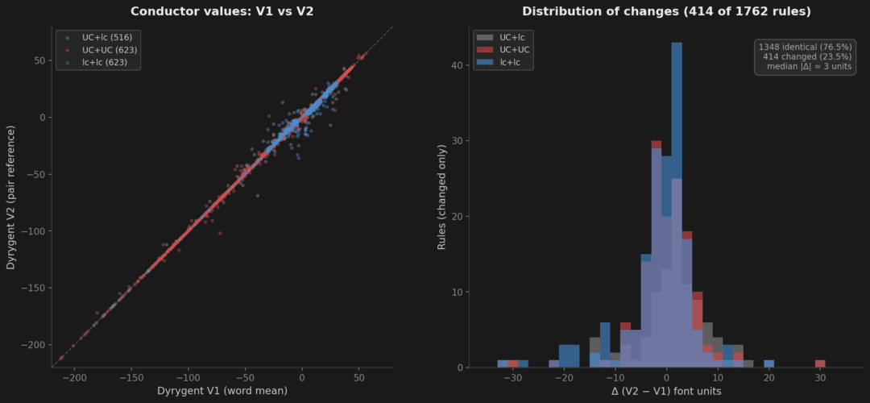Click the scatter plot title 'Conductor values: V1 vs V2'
click(x=222, y=11)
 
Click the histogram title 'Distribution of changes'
click(x=666, y=11)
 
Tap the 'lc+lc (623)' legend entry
click(x=100, y=62)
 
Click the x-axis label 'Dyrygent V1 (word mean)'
click(x=222, y=392)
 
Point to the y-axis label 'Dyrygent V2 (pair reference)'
click(x=12, y=197)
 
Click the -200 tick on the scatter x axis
click(x=74, y=376)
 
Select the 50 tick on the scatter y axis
click(x=39, y=60)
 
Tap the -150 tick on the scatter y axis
click(x=34, y=288)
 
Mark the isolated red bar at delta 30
click(x=820, y=364)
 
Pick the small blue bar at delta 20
click(x=768, y=364)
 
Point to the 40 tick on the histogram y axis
click(x=460, y=65)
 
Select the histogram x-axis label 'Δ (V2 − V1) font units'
click(x=666, y=392)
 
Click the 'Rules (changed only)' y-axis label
click(x=441, y=197)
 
